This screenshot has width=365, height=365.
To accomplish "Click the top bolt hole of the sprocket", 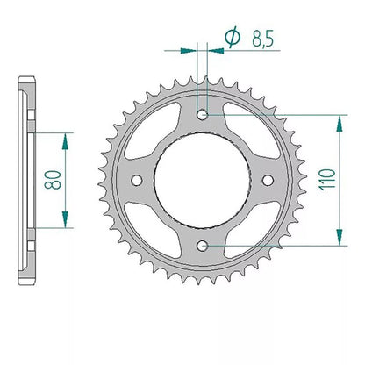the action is [x=202, y=115].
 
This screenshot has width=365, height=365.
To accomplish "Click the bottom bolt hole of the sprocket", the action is [x=202, y=246].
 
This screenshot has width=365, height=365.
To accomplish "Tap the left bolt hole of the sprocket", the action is [x=137, y=180].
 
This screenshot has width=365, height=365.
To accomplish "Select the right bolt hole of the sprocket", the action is [x=268, y=180].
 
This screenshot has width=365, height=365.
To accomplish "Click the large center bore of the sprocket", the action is [x=202, y=180].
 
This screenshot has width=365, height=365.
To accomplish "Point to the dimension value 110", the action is [x=327, y=180].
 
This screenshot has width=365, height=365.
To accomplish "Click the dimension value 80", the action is [x=53, y=180].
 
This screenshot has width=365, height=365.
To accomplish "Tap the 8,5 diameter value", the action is [x=262, y=39].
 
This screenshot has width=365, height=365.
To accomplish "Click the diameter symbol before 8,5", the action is [x=233, y=38].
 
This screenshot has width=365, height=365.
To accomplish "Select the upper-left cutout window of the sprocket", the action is [x=151, y=132].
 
